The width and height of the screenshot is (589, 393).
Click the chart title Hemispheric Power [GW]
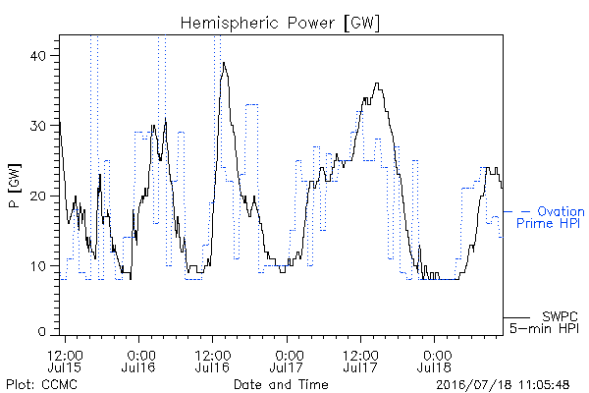coord(280,24)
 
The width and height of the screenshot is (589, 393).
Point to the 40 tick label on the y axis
coord(37,56)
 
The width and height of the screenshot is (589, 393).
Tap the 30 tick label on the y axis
coord(37,126)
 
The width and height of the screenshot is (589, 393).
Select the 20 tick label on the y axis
coord(37,196)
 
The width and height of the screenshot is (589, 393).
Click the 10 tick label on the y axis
coord(38,266)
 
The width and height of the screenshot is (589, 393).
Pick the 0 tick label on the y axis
coord(41,332)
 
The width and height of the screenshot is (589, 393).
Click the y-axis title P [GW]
coord(15,186)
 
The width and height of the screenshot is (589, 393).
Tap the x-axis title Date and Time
coord(281,384)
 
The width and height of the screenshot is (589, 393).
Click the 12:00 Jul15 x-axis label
coord(65,361)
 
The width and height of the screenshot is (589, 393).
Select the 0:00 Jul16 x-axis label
coord(138,361)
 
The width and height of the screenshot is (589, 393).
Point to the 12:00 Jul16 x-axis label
coord(213,361)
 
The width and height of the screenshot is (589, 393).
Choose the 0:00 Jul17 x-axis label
coord(287,361)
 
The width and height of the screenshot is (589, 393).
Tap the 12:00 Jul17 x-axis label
coord(361,361)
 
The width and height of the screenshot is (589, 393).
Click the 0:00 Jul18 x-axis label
coord(435,361)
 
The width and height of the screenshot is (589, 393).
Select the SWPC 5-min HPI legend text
coord(544,322)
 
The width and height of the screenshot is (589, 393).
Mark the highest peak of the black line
coord(224,63)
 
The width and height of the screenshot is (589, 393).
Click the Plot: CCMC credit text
coord(41,384)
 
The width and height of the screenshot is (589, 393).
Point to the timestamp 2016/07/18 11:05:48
coord(503,385)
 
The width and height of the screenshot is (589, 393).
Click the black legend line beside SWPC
coord(516,318)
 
